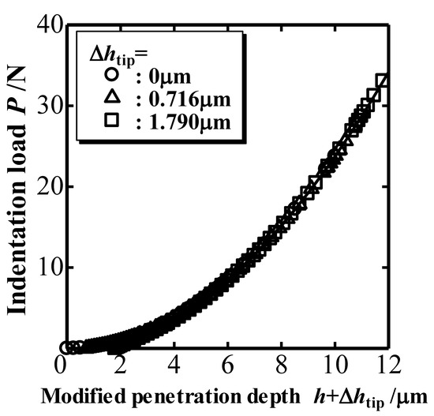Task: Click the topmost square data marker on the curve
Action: [383, 81]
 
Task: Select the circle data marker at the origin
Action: [65, 347]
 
